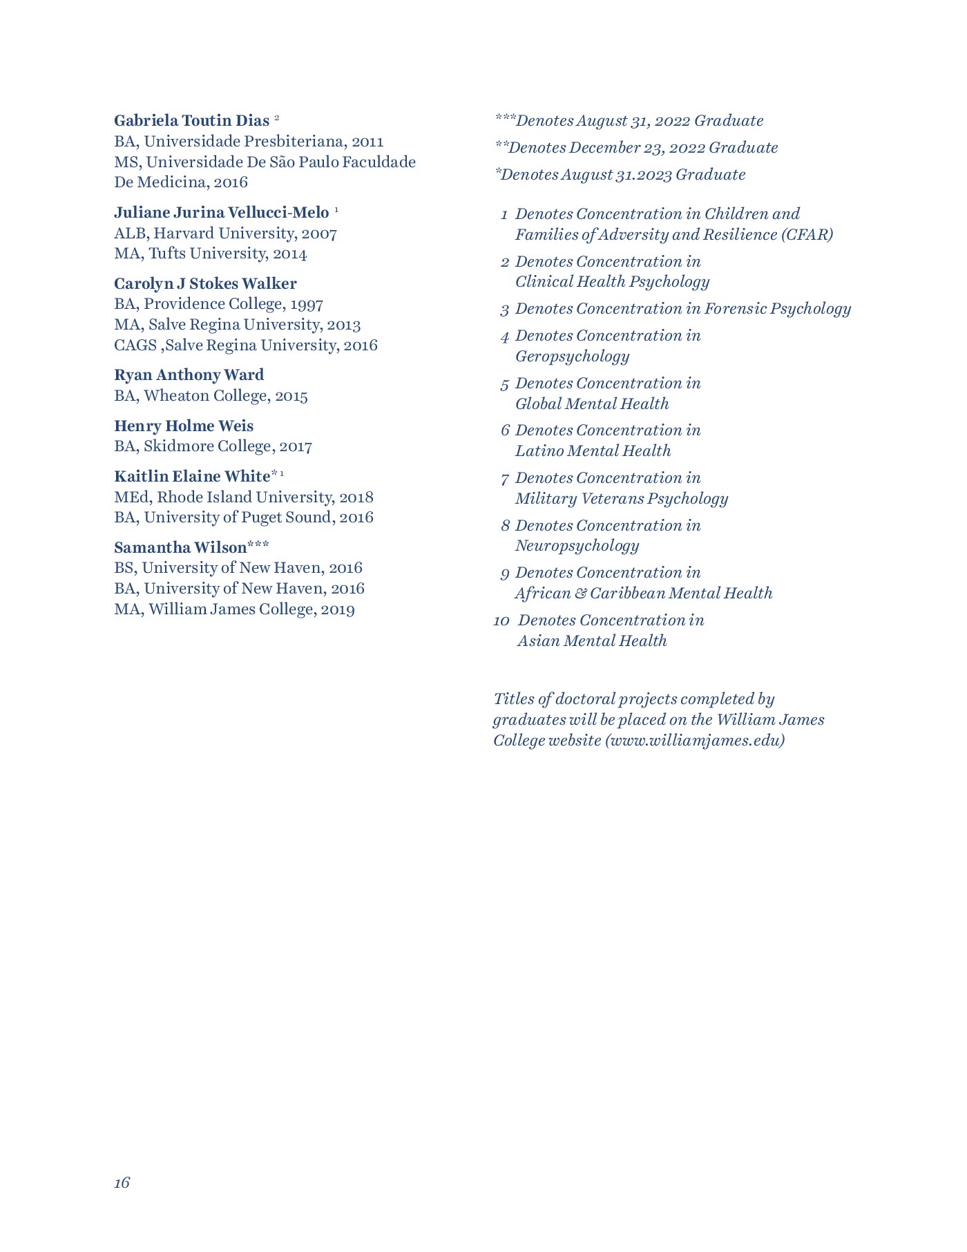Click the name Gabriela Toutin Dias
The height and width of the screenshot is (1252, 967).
pos(191,121)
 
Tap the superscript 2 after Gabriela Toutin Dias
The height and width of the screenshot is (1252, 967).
pos(276,118)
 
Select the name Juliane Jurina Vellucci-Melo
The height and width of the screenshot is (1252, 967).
pos(221,212)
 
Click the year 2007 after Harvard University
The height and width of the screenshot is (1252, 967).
pos(319,234)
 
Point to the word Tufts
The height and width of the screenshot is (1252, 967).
pos(167,254)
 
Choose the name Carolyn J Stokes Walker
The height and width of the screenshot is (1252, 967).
pos(205,284)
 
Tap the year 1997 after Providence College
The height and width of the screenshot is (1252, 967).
pos(307,305)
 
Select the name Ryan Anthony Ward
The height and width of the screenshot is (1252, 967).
pos(189,375)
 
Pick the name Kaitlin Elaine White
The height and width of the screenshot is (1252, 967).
pos(191,477)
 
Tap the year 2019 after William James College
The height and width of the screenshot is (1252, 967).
pos(338,610)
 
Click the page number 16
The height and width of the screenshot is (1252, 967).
pos(122,1183)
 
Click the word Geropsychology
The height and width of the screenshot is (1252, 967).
pos(572,357)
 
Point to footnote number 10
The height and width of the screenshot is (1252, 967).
pos(501,621)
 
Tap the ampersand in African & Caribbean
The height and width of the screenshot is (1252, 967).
pos(580,594)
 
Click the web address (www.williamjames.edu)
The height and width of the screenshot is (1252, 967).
pos(695,741)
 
